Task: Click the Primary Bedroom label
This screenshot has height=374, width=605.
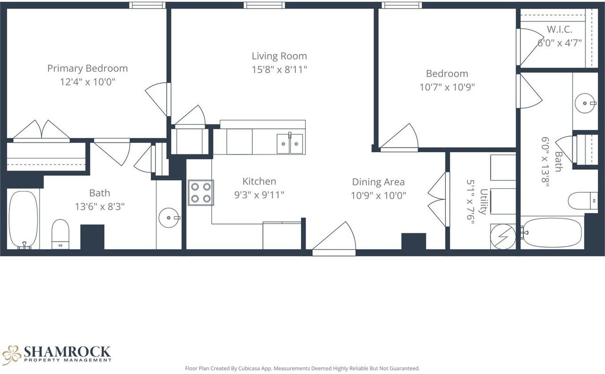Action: (x=87, y=68)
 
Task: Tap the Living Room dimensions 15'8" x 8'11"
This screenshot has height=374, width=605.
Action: (x=279, y=70)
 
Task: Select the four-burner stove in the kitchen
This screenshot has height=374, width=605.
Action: (x=200, y=192)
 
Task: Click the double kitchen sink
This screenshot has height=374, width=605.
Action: (x=290, y=144)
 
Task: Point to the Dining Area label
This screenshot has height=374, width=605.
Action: (x=378, y=182)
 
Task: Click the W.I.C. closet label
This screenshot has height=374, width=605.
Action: (x=559, y=29)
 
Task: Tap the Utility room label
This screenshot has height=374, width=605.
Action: (x=484, y=201)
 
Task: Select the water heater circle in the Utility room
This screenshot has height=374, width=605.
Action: (x=502, y=235)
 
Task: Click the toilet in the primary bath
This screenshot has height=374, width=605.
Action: (x=60, y=234)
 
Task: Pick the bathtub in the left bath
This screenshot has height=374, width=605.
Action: (x=23, y=219)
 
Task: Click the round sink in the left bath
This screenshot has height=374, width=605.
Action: (x=169, y=217)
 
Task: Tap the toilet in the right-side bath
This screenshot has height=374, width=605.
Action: (x=582, y=200)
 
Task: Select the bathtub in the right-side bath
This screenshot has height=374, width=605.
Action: (x=552, y=232)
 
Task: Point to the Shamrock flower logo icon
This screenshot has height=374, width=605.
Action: (x=11, y=355)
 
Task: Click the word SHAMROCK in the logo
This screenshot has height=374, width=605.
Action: (x=67, y=352)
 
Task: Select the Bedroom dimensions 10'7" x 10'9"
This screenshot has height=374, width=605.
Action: (x=447, y=87)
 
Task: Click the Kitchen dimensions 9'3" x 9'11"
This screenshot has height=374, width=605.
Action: (x=259, y=195)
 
